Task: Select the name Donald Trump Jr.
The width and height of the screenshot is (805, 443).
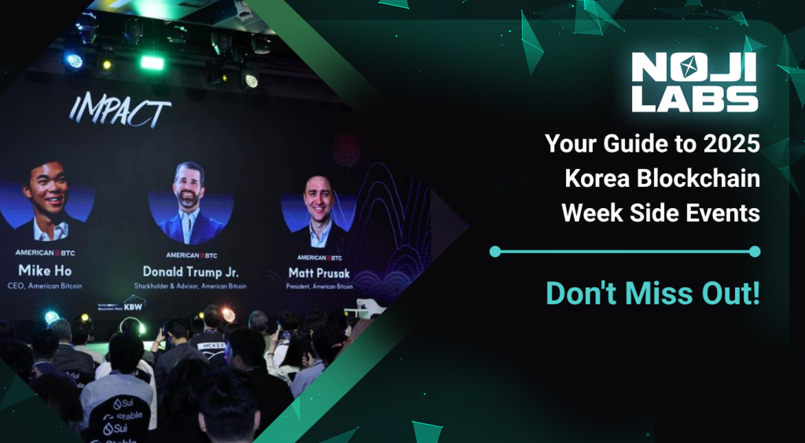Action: tap(191, 271)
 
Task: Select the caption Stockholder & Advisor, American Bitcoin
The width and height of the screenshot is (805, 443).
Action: tap(191, 287)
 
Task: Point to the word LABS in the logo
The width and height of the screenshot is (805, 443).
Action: tap(694, 98)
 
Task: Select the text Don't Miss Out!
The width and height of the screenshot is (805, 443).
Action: tap(652, 293)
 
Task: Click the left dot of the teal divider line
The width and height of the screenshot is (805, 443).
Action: tap(494, 251)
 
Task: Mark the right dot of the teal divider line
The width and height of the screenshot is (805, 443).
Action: tap(755, 251)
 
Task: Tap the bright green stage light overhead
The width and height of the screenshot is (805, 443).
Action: tap(152, 62)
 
